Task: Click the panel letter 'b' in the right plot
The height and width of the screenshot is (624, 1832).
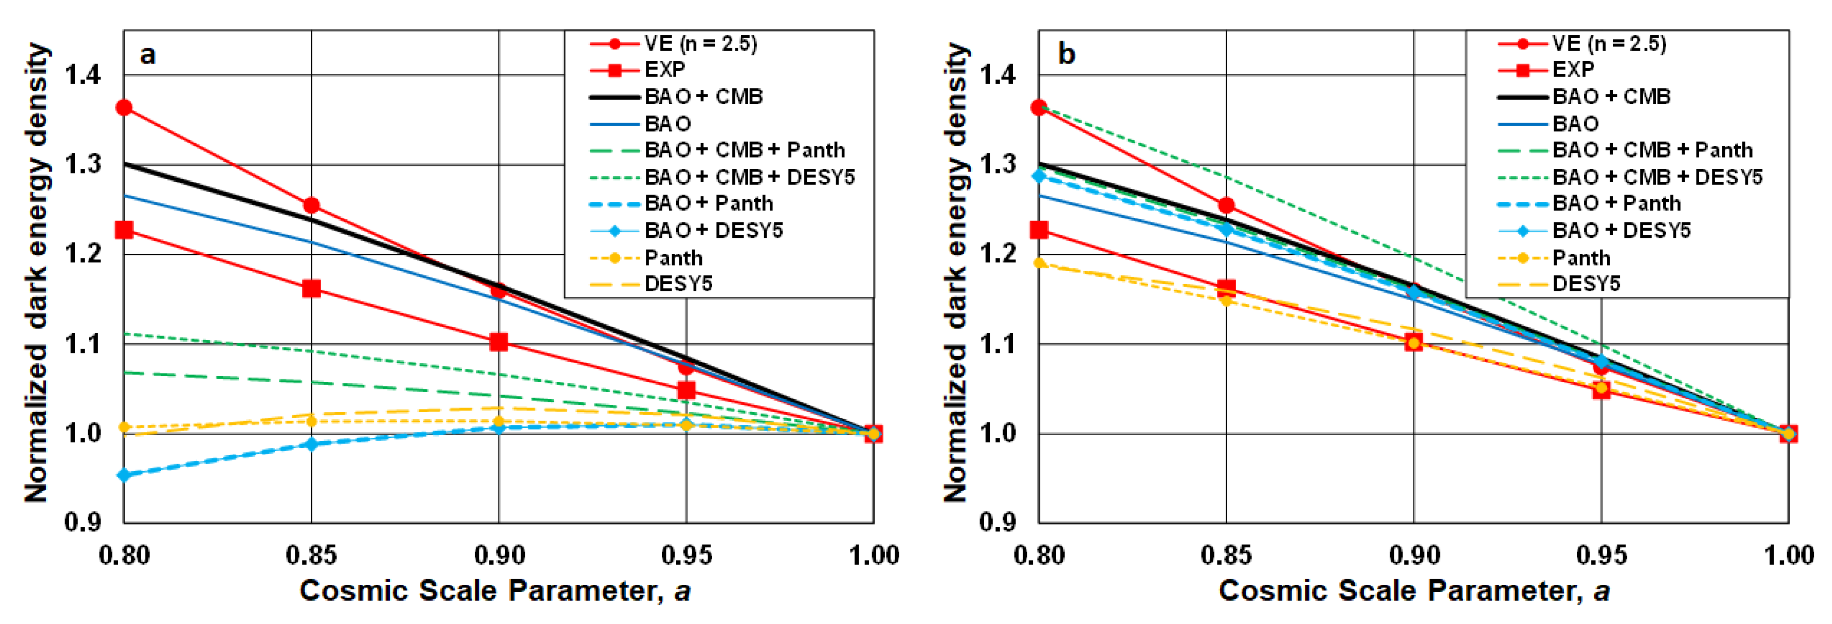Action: pyautogui.click(x=1066, y=54)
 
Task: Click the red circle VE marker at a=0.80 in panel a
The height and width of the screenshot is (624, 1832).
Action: pyautogui.click(x=124, y=108)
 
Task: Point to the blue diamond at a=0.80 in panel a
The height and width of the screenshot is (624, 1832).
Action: pyautogui.click(x=124, y=474)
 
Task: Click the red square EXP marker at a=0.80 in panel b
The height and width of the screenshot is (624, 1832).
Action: pyautogui.click(x=1039, y=230)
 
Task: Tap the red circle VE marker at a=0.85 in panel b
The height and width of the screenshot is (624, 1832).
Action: pyautogui.click(x=1226, y=206)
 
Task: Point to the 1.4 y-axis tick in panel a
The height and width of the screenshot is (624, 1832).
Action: pyautogui.click(x=83, y=75)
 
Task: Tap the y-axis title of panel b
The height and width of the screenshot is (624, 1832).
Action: pyautogui.click(x=957, y=274)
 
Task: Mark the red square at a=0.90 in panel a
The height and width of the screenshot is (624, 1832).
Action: pyautogui.click(x=499, y=342)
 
